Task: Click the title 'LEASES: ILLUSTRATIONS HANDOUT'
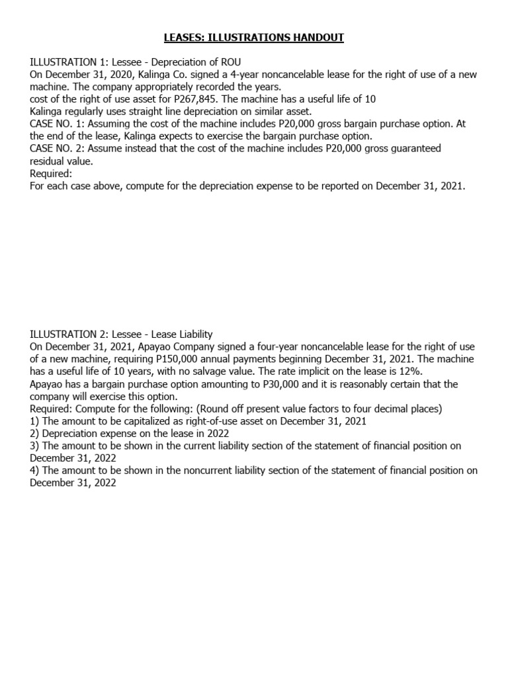[x=254, y=38]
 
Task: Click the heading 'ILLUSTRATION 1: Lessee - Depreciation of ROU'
[x=130, y=62]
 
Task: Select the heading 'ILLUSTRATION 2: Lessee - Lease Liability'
[x=121, y=335]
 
